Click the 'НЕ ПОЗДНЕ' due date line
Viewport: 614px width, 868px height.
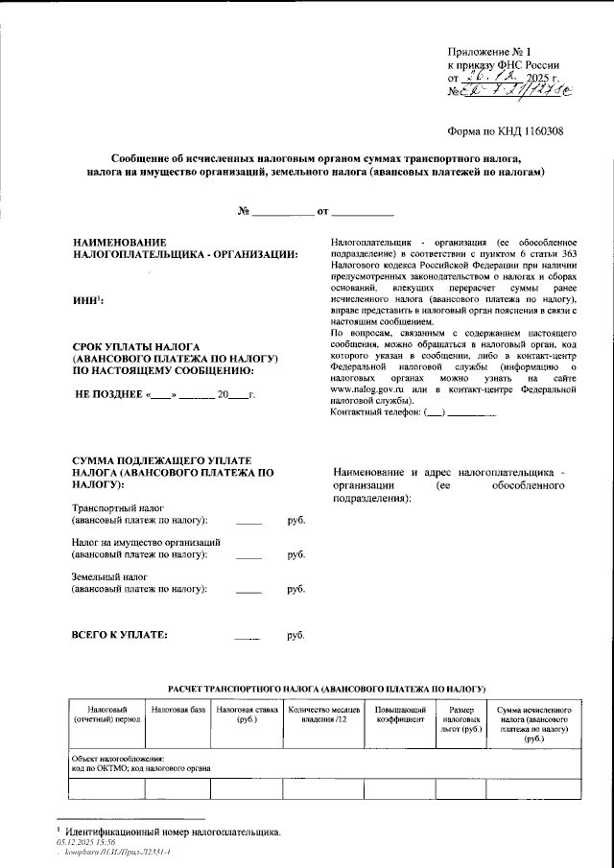coord(165,394)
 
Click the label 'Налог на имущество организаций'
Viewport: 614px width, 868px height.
coord(146,542)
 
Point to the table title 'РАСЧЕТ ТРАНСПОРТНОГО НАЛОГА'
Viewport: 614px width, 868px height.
coord(326,690)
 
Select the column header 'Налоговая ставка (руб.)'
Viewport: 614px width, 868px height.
coord(246,715)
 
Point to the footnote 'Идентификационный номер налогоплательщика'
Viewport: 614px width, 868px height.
coord(173,832)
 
